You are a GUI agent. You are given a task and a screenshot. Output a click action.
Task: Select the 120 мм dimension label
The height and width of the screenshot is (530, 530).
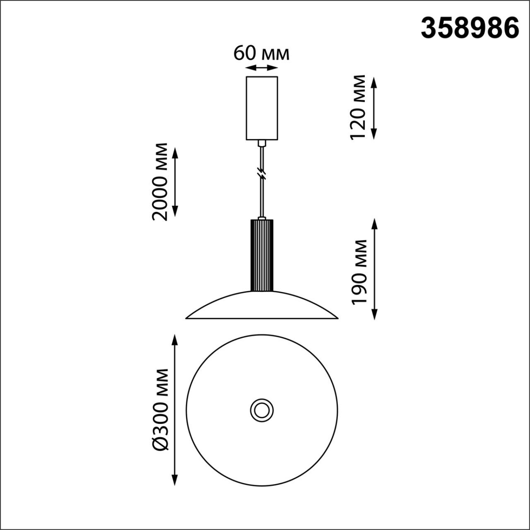coord(358,108)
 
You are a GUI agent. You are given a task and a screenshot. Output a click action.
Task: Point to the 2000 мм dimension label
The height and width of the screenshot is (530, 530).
coord(159,182)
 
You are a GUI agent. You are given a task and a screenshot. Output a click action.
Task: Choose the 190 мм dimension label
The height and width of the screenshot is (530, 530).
coord(360,272)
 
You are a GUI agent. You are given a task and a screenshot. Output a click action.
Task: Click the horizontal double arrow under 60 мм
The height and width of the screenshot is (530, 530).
coord(261,68)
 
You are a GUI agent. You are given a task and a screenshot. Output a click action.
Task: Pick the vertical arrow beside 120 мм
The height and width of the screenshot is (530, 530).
coord(374,108)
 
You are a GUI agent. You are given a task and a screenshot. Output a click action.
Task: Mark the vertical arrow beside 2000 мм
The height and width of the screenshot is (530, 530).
coord(175,182)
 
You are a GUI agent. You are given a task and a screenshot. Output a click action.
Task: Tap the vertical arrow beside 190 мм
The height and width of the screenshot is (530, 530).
coord(375,269)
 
